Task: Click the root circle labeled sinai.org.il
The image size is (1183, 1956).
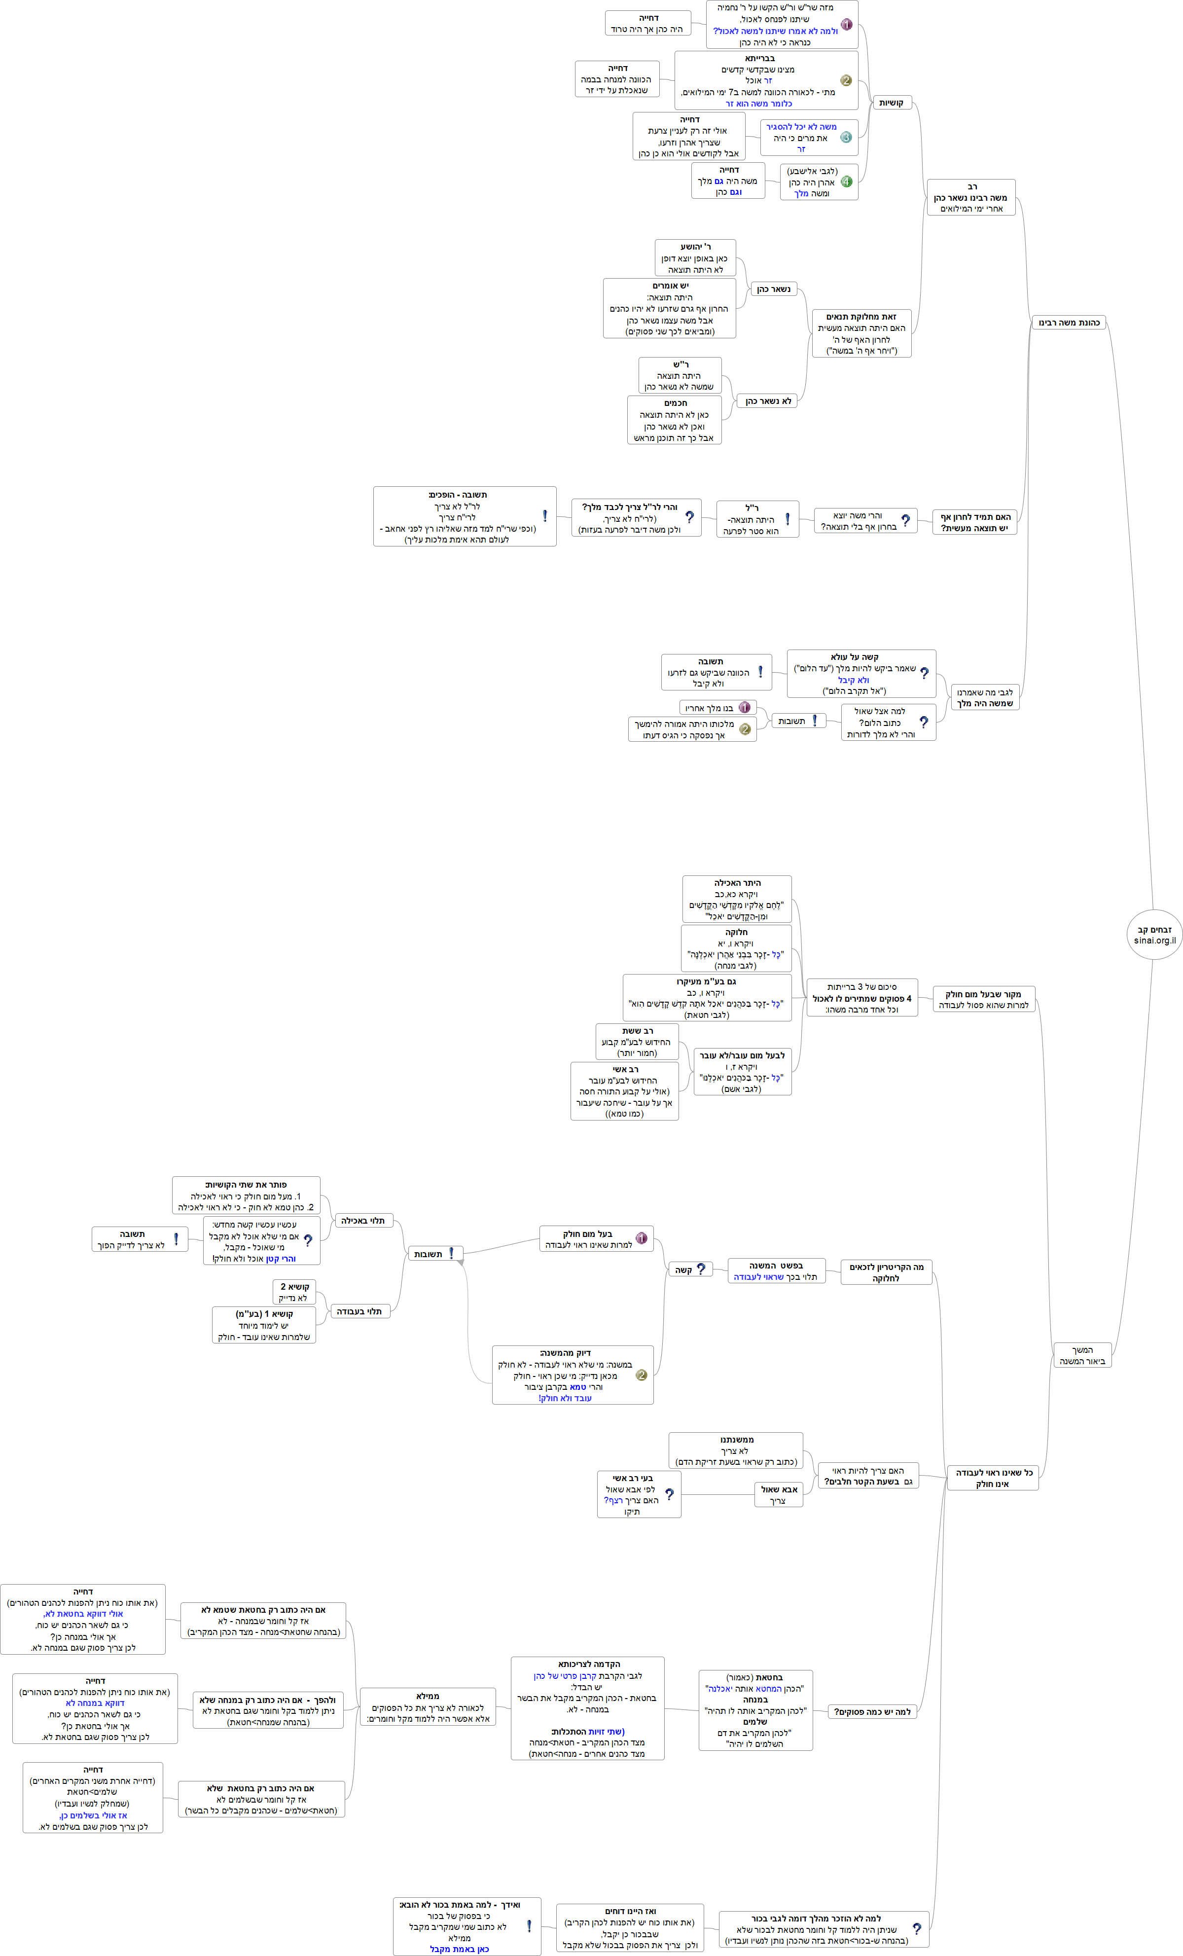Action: pyautogui.click(x=1154, y=934)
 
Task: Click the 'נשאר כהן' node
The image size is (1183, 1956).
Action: pyautogui.click(x=773, y=289)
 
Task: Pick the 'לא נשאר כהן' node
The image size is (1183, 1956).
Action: pyautogui.click(x=768, y=401)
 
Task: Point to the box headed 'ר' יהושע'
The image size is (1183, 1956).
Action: pyautogui.click(x=695, y=258)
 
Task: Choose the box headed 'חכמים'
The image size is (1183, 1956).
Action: pyautogui.click(x=675, y=420)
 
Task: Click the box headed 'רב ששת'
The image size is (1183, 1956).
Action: pyautogui.click(x=638, y=1042)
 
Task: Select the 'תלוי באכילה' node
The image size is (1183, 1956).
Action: pyautogui.click(x=363, y=1220)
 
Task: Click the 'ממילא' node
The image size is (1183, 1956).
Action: pyautogui.click(x=428, y=1707)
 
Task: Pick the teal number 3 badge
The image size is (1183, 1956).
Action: pyautogui.click(x=846, y=137)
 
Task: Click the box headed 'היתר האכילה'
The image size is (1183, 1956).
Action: pyautogui.click(x=737, y=900)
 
